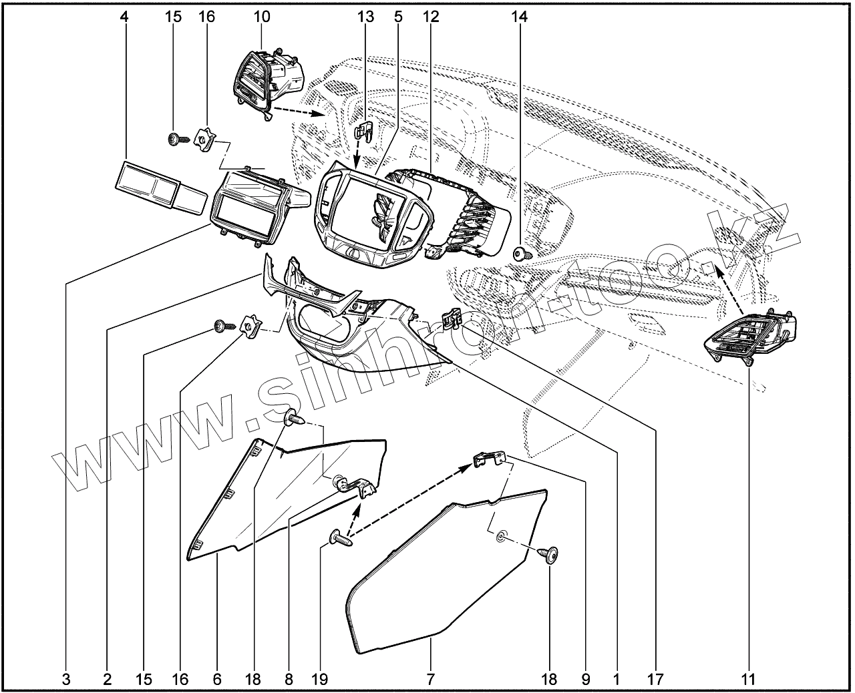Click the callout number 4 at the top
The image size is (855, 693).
tap(124, 17)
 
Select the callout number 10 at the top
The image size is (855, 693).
tap(261, 17)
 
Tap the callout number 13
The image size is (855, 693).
tap(365, 17)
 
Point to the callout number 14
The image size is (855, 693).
tap(519, 17)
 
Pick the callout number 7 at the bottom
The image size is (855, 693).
tap(431, 680)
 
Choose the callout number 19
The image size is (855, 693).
tap(319, 680)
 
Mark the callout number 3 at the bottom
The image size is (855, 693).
tap(66, 680)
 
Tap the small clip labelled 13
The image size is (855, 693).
tap(363, 131)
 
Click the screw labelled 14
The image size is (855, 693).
tap(521, 254)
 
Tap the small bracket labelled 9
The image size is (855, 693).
tap(488, 460)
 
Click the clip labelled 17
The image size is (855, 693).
tap(454, 320)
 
